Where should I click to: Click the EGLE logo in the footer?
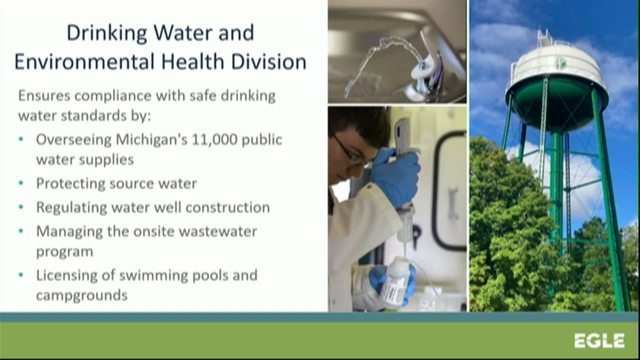(x=599, y=341)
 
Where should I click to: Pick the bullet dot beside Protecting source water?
(x=21, y=183)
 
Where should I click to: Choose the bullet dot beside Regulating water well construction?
(x=21, y=207)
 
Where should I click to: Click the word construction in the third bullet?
(x=228, y=208)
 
